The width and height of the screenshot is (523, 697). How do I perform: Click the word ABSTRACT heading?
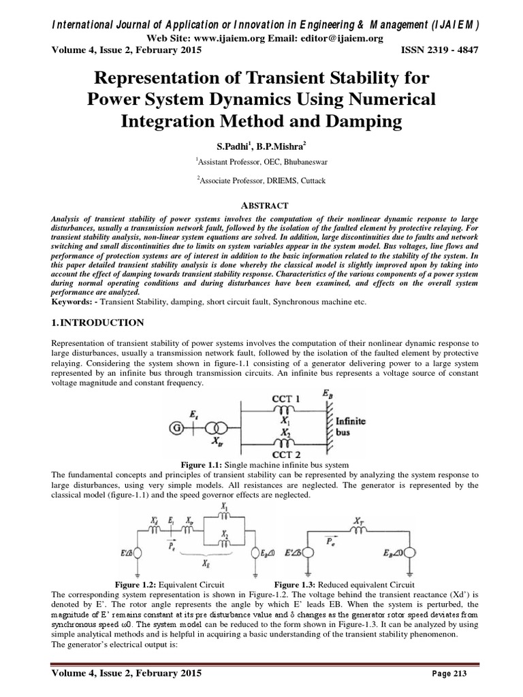(261, 205)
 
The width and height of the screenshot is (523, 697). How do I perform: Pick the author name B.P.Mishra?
(286, 145)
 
